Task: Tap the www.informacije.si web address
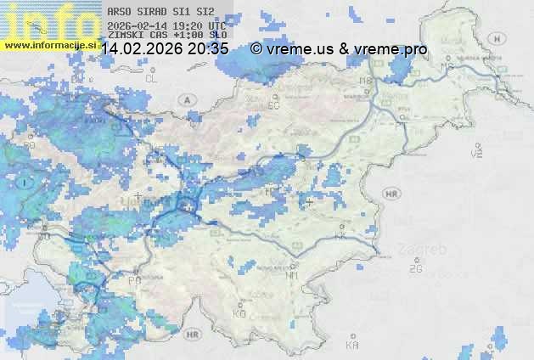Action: click(x=48, y=45)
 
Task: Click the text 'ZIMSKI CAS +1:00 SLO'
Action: click(x=167, y=35)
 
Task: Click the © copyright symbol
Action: click(x=256, y=49)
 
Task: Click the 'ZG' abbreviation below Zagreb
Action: click(x=415, y=268)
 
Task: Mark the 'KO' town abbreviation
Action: click(x=239, y=313)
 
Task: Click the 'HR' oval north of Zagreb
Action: click(x=391, y=194)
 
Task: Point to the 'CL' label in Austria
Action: click(x=152, y=78)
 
